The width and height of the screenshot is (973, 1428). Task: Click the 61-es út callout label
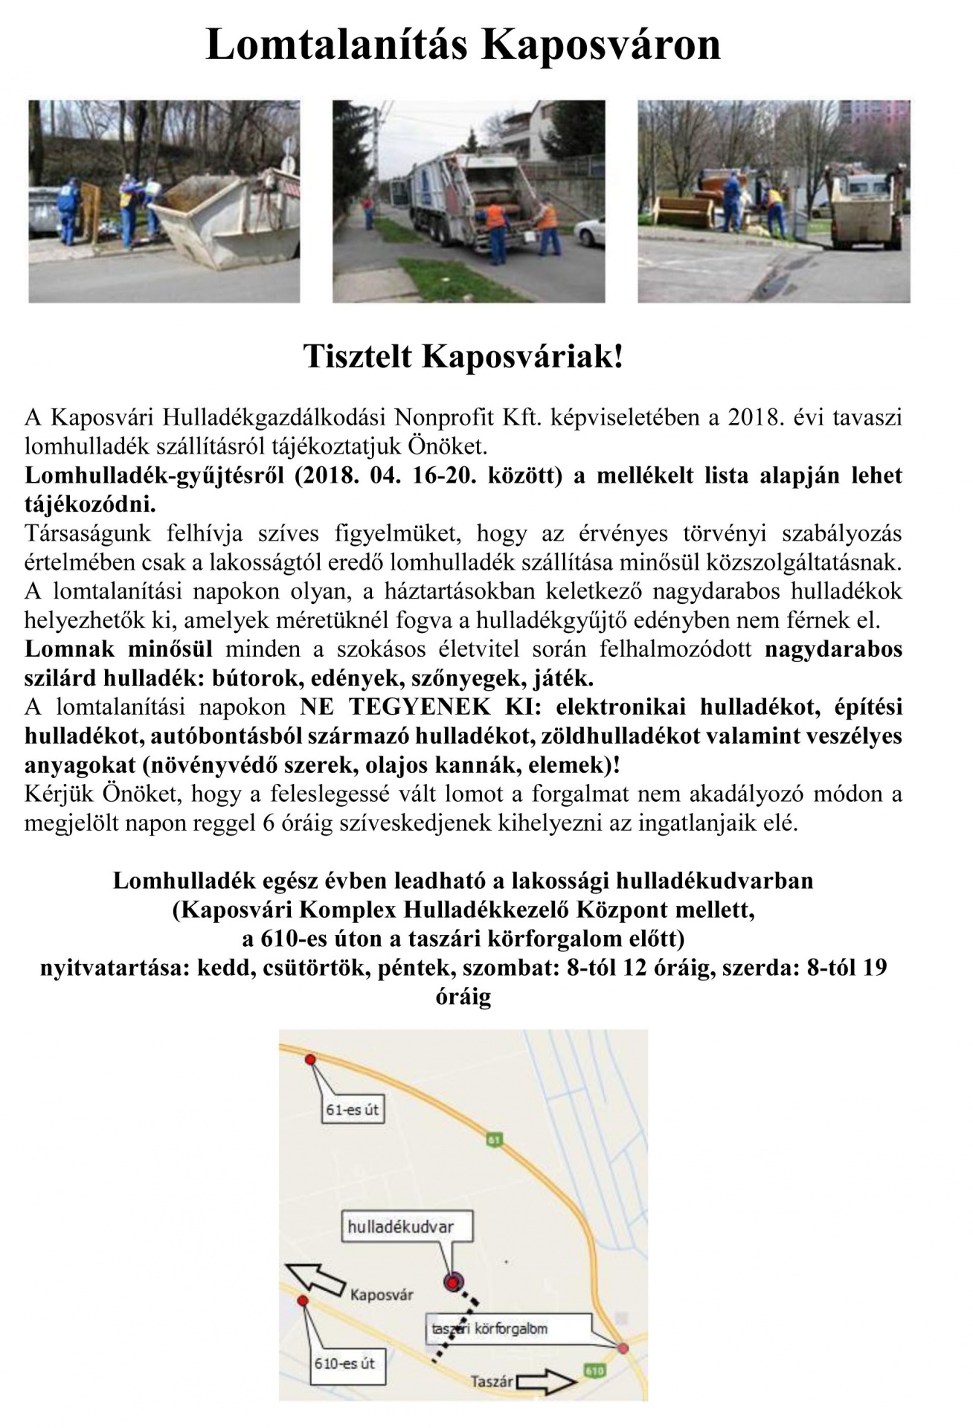click(353, 1110)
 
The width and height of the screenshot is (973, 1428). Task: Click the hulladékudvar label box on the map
click(400, 1226)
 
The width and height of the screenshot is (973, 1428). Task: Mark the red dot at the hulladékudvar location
click(452, 1282)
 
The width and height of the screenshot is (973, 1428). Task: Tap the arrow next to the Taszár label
click(546, 1382)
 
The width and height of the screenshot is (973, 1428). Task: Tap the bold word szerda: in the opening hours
click(751, 968)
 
